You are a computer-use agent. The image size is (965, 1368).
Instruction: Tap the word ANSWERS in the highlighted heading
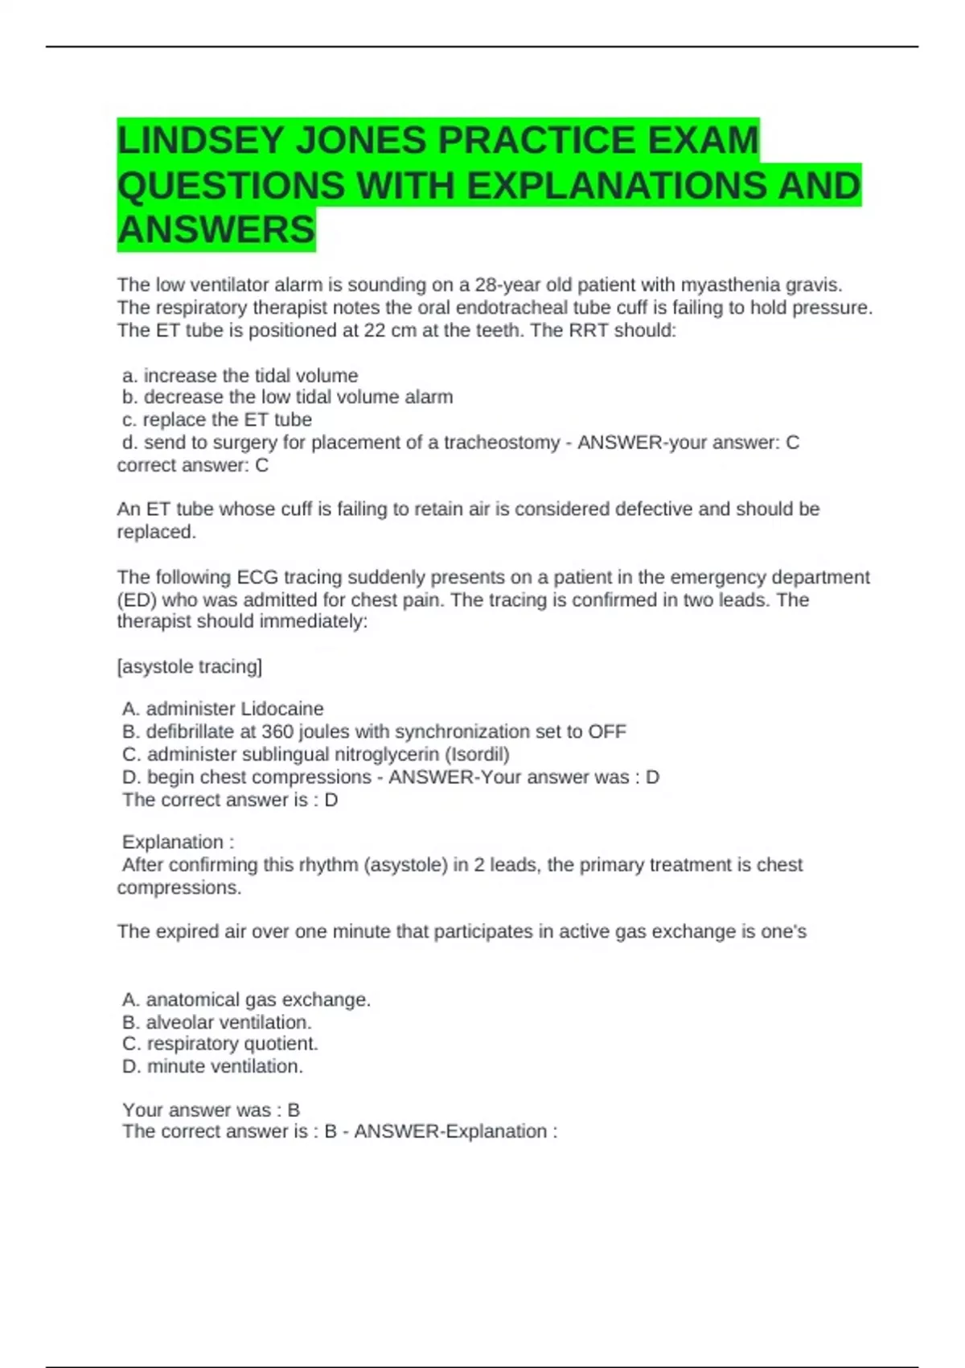tap(216, 230)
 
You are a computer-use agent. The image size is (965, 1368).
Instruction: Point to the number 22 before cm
tap(375, 331)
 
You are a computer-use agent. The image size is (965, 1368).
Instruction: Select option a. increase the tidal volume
tap(240, 376)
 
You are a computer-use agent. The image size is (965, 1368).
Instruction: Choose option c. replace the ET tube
tap(217, 420)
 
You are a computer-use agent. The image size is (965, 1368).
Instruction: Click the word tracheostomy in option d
tap(502, 443)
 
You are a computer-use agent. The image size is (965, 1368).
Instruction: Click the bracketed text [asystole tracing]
tap(190, 667)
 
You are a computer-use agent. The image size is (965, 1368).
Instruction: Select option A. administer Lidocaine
tap(223, 709)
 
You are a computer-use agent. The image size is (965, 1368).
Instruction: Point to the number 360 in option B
tap(277, 731)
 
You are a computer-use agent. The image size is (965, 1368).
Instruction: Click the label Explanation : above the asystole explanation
tap(178, 843)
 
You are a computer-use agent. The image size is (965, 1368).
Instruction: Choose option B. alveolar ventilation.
tap(217, 1023)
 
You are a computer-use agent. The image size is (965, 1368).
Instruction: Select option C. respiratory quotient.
tap(220, 1044)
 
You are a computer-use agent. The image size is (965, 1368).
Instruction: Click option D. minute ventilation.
tap(213, 1066)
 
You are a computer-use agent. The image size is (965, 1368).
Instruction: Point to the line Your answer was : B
tap(211, 1110)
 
